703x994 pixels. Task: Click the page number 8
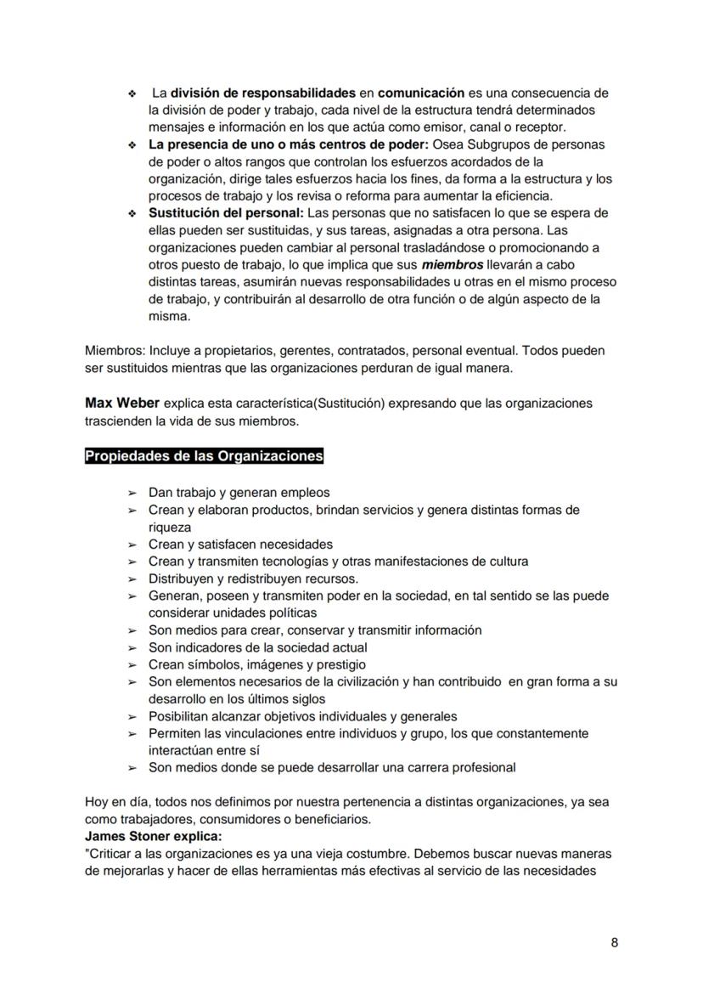click(614, 943)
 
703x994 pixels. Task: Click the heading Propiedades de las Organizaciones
click(204, 456)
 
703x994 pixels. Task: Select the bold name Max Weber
click(121, 403)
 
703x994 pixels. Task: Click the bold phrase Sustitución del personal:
click(225, 213)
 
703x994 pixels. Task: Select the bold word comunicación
click(421, 93)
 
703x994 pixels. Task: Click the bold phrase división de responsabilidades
click(262, 93)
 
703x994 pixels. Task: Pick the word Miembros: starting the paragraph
click(115, 351)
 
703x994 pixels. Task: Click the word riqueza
click(170, 528)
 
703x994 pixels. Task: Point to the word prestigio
click(340, 665)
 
